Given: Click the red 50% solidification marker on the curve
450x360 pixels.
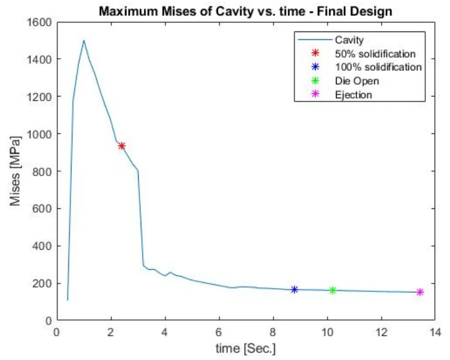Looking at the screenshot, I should (x=122, y=146).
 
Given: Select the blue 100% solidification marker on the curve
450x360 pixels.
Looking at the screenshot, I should (x=295, y=290).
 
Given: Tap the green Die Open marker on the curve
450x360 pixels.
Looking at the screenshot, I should (x=332, y=290).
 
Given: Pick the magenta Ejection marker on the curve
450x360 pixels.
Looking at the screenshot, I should (x=420, y=292).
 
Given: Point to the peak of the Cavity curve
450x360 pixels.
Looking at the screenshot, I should (x=83, y=40).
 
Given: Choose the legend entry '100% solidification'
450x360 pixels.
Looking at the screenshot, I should (x=378, y=67).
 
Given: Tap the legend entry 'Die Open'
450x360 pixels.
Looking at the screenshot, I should (x=357, y=81).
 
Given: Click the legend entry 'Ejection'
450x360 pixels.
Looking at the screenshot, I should (x=353, y=94).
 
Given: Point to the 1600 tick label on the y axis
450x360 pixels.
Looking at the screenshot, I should (x=40, y=22).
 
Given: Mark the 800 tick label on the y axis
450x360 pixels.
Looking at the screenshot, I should (x=43, y=171).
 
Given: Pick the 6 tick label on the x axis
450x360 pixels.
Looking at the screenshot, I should (x=219, y=331).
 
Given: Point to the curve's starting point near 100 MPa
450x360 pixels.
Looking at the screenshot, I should (x=68, y=300).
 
